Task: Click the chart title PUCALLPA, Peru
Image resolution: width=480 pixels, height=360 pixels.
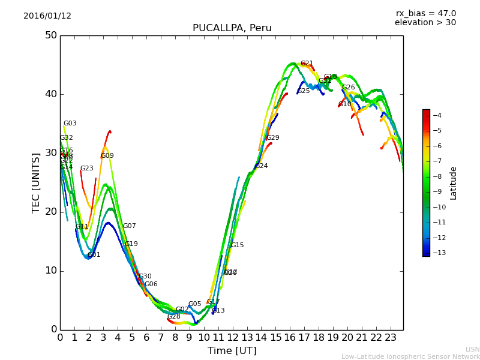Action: click(232, 28)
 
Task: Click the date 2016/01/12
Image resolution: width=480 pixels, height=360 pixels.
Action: click(47, 16)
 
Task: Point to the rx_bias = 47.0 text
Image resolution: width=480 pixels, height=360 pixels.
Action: click(425, 13)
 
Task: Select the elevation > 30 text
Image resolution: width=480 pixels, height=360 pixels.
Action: click(425, 23)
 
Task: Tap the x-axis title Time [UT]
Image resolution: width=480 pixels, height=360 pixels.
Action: click(232, 350)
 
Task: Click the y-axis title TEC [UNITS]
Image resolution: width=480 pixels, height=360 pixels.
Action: click(37, 182)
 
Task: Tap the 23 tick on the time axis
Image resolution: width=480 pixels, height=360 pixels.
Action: click(391, 337)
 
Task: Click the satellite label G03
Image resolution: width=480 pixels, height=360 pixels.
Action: click(70, 124)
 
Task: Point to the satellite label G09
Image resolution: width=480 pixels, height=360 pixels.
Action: click(107, 156)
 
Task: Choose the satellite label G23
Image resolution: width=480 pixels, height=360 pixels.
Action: click(87, 169)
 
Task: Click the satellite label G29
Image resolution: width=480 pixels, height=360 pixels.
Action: click(273, 138)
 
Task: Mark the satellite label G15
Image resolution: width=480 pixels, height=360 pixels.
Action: click(238, 245)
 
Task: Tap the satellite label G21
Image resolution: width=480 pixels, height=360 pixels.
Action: click(307, 64)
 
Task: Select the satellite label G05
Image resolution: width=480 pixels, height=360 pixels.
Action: click(195, 304)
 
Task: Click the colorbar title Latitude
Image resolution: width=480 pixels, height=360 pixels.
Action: click(454, 183)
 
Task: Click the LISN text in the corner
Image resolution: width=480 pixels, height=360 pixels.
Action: click(472, 349)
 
